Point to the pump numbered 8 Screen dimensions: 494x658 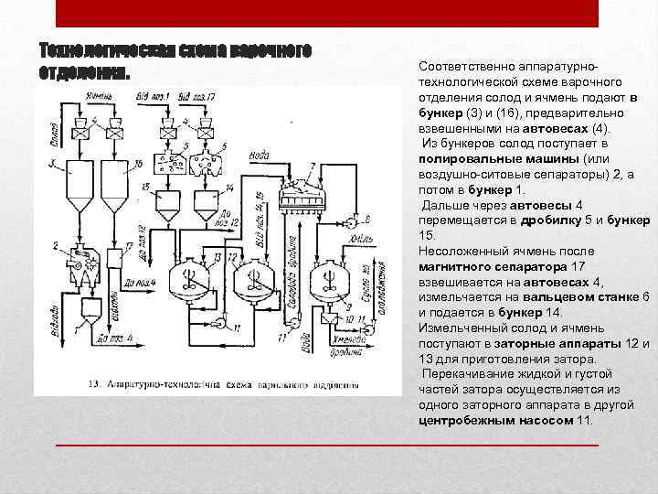point(352,222)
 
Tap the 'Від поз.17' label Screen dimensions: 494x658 point(197,96)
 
